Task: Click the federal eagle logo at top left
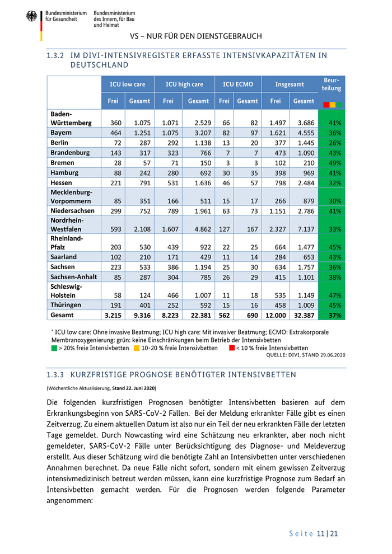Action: coord(31,17)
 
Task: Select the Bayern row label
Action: coord(61,133)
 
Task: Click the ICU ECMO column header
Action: coord(238,84)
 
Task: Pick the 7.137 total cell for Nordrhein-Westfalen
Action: coord(304,229)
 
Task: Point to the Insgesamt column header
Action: coord(290,84)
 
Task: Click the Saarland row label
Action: coord(64,257)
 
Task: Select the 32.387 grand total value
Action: coord(304,316)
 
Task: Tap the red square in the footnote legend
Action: coord(232,348)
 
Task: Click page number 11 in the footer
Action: coord(321,534)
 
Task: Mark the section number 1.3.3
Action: coord(55,374)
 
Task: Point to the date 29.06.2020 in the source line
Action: coord(333,355)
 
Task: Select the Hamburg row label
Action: coord(64,173)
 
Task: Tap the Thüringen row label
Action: coord(66,305)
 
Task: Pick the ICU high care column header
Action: coord(184,84)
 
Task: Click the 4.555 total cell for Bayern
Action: coord(304,133)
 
